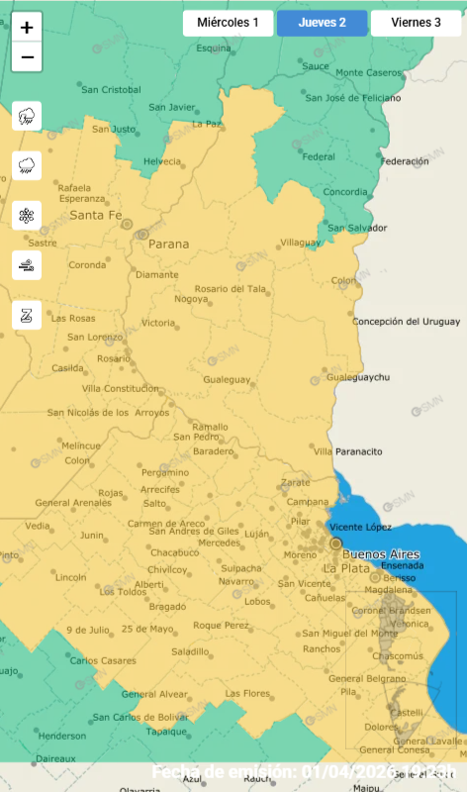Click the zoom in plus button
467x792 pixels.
tap(27, 28)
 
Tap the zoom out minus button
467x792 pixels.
tap(27, 57)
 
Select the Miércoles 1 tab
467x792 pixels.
tap(228, 22)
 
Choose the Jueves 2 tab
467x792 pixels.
tap(322, 22)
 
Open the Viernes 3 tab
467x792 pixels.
tap(416, 22)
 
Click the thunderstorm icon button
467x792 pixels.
tap(27, 116)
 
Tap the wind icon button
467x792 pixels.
tap(27, 264)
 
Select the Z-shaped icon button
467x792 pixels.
tap(27, 315)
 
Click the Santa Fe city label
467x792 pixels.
tap(96, 215)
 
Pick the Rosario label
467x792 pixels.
tap(113, 358)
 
